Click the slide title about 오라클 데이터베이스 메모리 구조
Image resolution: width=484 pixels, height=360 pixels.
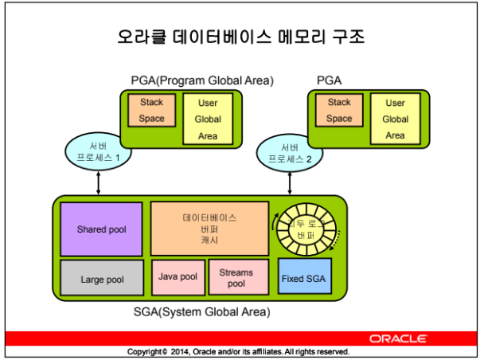tap(240, 37)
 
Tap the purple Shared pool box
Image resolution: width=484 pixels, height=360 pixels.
tap(102, 229)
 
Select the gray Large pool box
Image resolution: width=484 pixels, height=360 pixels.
tap(102, 279)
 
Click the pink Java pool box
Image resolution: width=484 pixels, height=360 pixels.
tap(178, 277)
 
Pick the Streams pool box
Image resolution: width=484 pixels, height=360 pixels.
tap(236, 277)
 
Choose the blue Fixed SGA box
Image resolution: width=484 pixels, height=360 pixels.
tap(303, 279)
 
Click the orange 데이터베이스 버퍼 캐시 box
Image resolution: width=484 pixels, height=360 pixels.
tap(209, 228)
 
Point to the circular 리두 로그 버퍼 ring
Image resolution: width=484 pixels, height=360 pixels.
tap(307, 226)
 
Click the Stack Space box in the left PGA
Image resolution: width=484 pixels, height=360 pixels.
tap(151, 110)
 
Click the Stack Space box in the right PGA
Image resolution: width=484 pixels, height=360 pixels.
tap(339, 110)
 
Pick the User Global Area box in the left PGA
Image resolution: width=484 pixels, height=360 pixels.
tap(208, 119)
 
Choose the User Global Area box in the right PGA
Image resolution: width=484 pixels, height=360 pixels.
tap(395, 119)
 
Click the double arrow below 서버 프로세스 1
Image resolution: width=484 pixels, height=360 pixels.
tap(97, 182)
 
